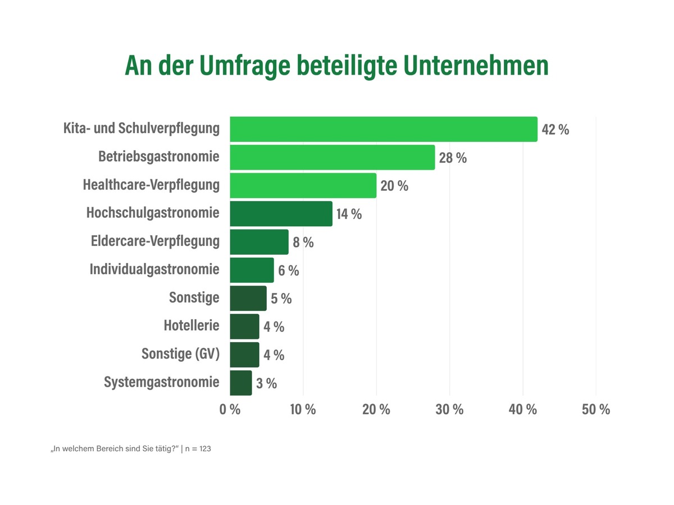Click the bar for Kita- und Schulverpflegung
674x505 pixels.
click(x=384, y=129)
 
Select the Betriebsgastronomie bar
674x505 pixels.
click(x=333, y=157)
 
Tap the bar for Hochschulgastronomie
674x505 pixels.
click(x=281, y=214)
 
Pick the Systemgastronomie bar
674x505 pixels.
click(x=241, y=383)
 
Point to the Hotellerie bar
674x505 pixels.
click(x=244, y=327)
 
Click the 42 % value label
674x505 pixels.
click(x=555, y=130)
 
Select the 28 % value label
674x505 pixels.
click(x=453, y=158)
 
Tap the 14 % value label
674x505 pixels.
click(x=349, y=214)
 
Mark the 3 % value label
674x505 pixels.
click(x=267, y=384)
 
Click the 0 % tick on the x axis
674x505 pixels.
click(x=230, y=409)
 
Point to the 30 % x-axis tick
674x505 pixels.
click(x=449, y=409)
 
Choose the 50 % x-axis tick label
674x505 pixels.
click(x=596, y=409)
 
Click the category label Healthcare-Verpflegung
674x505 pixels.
click(x=151, y=185)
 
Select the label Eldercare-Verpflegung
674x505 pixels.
click(x=155, y=241)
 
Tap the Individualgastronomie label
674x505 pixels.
click(x=154, y=269)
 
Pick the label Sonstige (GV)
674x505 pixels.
click(x=180, y=354)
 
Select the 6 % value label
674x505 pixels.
click(x=289, y=270)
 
